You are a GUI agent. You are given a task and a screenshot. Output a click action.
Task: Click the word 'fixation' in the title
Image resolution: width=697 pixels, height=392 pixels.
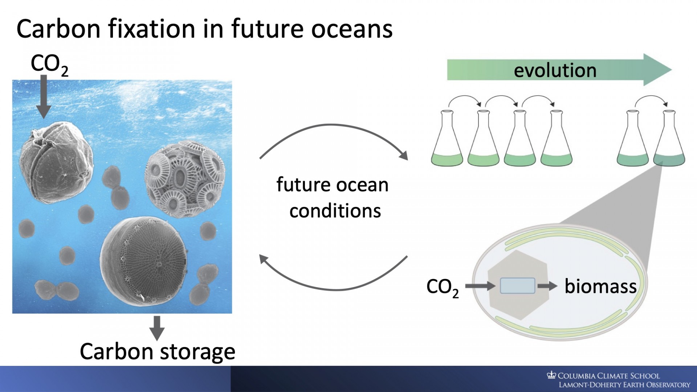pyautogui.click(x=152, y=29)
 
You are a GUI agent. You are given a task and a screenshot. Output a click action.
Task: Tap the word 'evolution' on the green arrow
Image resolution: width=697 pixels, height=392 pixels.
pyautogui.click(x=555, y=70)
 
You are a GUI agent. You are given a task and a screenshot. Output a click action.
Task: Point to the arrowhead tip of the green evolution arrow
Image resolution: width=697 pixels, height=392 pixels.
pyautogui.click(x=672, y=70)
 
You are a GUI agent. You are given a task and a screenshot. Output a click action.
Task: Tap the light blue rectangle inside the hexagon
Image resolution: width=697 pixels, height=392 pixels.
pyautogui.click(x=517, y=286)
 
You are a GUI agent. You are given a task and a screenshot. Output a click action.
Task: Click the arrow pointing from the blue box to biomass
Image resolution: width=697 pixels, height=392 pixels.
pyautogui.click(x=547, y=286)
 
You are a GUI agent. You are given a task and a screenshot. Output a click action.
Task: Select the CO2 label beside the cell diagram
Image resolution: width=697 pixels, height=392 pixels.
pyautogui.click(x=443, y=288)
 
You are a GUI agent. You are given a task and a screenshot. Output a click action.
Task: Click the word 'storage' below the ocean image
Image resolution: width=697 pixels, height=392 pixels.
pyautogui.click(x=197, y=352)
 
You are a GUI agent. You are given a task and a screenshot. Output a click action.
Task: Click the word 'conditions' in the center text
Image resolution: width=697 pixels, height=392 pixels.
pyautogui.click(x=335, y=211)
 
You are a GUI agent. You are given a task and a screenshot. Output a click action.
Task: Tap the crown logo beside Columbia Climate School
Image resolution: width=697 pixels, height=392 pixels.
pyautogui.click(x=551, y=375)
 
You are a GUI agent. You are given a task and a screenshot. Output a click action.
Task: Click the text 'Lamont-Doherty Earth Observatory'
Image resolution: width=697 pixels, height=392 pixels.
pyautogui.click(x=624, y=385)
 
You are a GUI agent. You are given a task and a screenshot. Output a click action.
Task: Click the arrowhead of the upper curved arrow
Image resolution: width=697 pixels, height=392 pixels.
pyautogui.click(x=404, y=155)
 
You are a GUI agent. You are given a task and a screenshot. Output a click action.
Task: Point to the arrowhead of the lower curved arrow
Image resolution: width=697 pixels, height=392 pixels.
pyautogui.click(x=264, y=259)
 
